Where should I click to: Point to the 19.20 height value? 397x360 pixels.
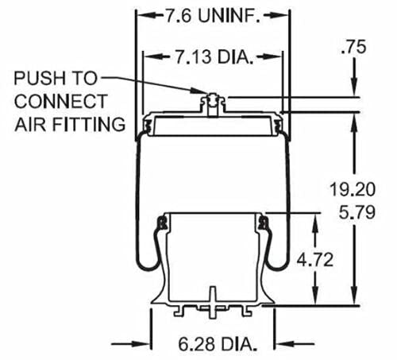[350, 189]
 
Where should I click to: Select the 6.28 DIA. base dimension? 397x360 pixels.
[212, 344]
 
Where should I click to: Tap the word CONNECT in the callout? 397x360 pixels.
[60, 101]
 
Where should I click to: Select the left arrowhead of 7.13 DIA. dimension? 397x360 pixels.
[146, 56]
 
